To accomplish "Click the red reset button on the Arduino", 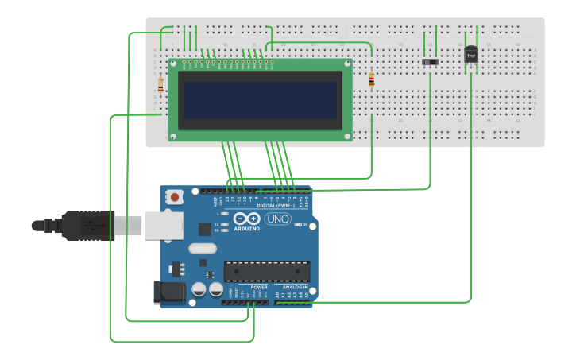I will coord(175,195).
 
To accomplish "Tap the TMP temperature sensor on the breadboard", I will coord(471,55).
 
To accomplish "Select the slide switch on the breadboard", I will coord(430,61).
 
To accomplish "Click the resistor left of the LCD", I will coord(160,84).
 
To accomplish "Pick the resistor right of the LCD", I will coord(372,79).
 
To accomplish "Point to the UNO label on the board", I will coord(278,219).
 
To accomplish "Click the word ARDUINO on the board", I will coord(247,229).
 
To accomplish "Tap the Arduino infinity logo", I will coord(247,219).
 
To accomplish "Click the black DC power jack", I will coord(169,292).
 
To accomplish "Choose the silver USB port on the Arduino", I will coord(164,226).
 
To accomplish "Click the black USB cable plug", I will coord(87,226).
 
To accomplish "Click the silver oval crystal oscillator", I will coord(203,248).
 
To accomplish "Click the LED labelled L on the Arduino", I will coord(226,214).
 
